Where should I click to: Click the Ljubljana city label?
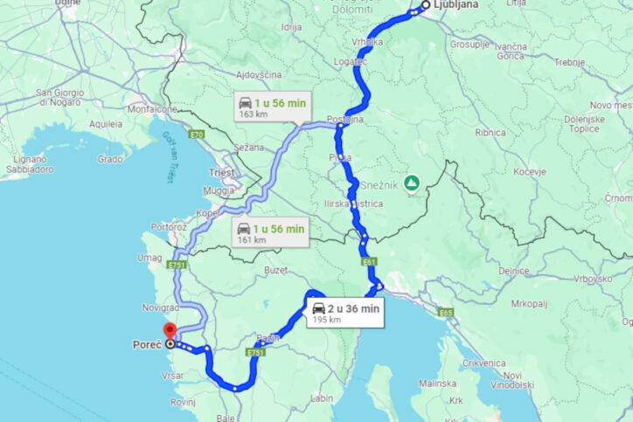tap(456, 5)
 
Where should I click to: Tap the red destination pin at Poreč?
tap(169, 331)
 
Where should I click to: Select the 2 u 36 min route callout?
tap(344, 312)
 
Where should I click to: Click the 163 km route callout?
tap(272, 107)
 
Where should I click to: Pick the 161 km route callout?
tap(271, 233)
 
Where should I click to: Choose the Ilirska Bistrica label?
tap(354, 203)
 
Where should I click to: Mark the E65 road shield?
tap(447, 311)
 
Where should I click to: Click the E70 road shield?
tap(196, 134)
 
